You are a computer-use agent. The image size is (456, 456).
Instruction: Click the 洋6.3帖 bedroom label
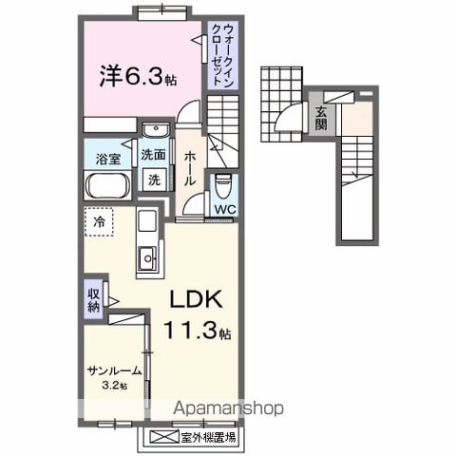138,76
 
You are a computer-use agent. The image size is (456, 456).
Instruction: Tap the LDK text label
196,299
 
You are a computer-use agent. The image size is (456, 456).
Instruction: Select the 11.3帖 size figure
197,330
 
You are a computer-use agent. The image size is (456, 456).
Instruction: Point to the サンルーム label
114,370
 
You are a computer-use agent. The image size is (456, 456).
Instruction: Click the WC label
225,209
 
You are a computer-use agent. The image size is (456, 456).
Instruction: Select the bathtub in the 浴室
107,185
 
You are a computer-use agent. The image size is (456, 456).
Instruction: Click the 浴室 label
108,159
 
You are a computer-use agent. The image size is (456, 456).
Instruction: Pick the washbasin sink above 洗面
156,130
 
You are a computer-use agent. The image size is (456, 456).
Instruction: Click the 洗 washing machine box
155,180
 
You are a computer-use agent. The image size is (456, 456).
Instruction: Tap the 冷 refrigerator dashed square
99,222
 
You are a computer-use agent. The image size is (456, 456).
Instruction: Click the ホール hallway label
189,167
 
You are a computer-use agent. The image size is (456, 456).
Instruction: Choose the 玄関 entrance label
321,119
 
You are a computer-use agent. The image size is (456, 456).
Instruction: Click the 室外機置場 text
208,438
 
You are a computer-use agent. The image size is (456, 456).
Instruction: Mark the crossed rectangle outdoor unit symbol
164,438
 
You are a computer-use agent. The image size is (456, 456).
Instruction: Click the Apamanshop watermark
228,408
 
